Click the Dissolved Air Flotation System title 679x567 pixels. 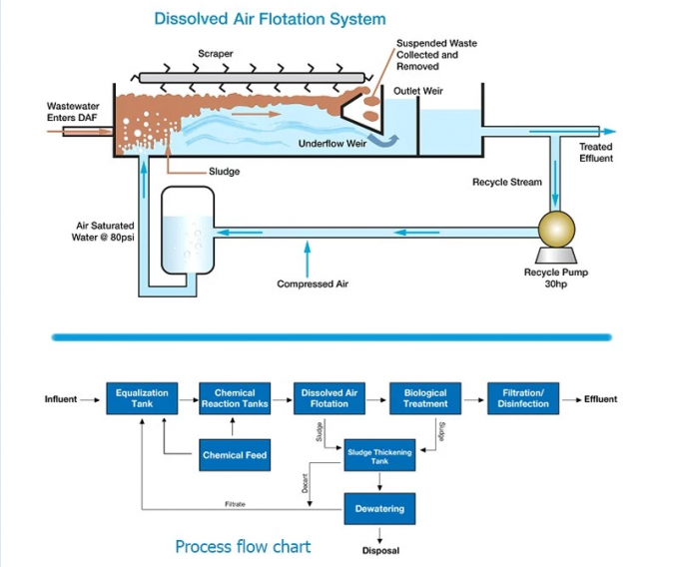tap(270, 18)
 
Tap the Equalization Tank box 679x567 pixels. tap(142, 398)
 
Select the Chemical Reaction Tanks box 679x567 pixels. tap(235, 398)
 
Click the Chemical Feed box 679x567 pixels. tap(235, 455)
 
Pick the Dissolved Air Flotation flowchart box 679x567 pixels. tap(330, 398)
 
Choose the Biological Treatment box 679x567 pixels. tap(424, 398)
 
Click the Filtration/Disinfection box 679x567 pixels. tap(523, 398)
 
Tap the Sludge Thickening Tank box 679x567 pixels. tap(379, 457)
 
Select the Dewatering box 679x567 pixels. tap(379, 508)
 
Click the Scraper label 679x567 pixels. tap(215, 52)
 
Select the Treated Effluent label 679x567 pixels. tap(596, 152)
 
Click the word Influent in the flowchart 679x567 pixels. tap(61, 399)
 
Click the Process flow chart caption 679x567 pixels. tap(243, 546)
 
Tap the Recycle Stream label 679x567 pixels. tap(507, 183)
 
